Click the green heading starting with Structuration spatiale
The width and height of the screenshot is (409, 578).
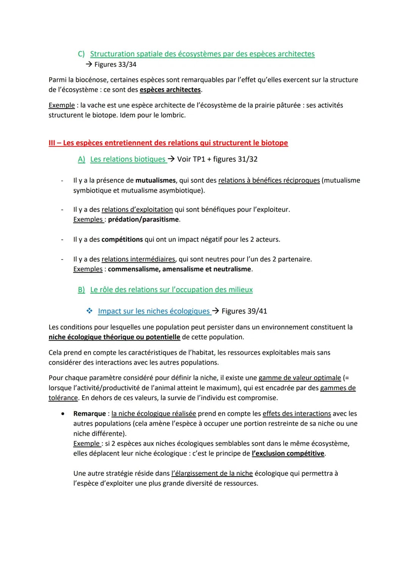tap(202, 54)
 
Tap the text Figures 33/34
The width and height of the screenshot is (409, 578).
tap(115, 64)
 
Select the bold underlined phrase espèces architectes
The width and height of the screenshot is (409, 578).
tap(170, 90)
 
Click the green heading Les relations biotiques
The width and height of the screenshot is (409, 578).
tap(128, 159)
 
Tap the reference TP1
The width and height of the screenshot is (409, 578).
tap(199, 159)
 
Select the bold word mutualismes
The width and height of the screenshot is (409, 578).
tap(156, 181)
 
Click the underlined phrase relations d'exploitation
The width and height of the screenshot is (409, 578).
tap(137, 210)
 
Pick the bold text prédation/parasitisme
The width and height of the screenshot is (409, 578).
tap(144, 220)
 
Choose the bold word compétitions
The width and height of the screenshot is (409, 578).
tap(122, 240)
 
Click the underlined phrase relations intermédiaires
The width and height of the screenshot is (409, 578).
tap(138, 259)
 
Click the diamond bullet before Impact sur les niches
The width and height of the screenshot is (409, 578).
tap(89, 311)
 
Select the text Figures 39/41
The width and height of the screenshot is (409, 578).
tap(244, 311)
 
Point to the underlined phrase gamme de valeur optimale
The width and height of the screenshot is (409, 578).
tap(300, 378)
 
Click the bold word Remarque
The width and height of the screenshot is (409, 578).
tap(90, 414)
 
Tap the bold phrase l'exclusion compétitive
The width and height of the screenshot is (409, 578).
tap(288, 453)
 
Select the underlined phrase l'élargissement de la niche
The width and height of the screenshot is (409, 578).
tap(212, 474)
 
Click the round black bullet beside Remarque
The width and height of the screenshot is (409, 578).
tap(63, 414)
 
